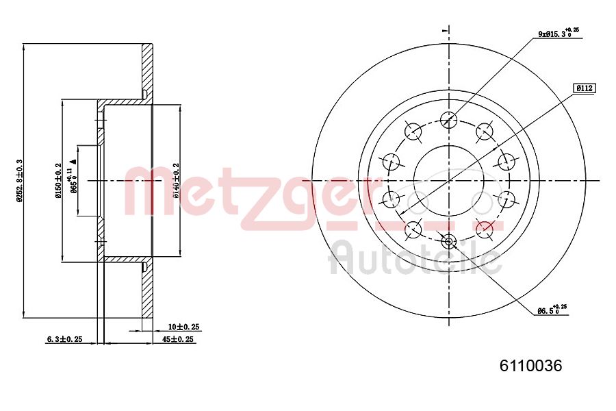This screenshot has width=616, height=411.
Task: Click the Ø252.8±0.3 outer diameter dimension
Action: tap(19, 181)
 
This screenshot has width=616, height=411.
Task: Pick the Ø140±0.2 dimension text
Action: tap(176, 180)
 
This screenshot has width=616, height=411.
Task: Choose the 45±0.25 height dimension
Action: tap(181, 339)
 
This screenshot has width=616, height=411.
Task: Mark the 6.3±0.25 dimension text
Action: tap(64, 339)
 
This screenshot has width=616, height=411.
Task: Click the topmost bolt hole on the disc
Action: tap(448, 121)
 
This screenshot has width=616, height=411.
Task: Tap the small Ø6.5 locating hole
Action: tap(448, 240)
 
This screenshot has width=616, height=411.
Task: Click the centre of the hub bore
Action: tap(448, 180)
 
